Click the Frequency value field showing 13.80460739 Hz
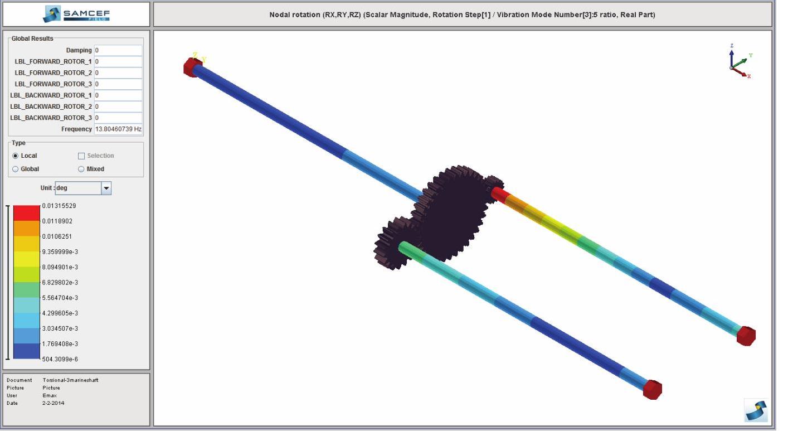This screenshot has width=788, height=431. [118, 129]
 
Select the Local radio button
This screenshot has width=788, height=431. [15, 156]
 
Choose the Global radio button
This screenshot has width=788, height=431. [15, 170]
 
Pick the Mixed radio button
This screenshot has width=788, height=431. [81, 170]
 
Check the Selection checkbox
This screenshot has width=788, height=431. [81, 156]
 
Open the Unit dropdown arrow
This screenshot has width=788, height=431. [106, 188]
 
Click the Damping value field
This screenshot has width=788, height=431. [118, 50]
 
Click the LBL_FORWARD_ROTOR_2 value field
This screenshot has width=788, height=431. [118, 73]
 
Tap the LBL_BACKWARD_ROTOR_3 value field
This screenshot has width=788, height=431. [118, 118]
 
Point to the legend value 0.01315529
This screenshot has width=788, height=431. [59, 206]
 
